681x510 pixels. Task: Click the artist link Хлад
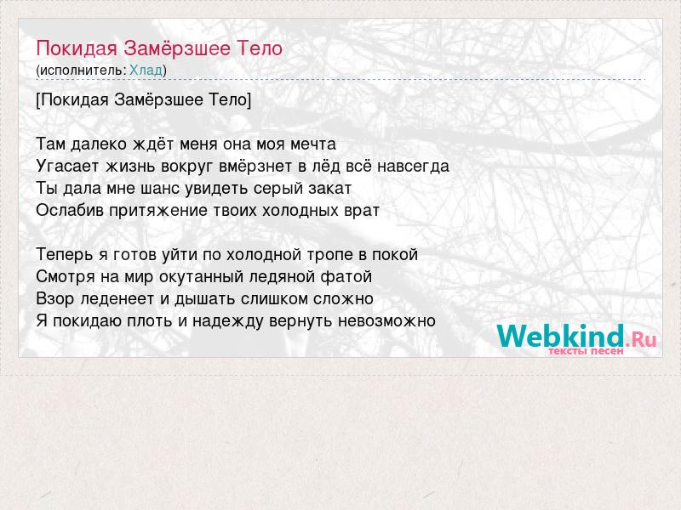coord(146,70)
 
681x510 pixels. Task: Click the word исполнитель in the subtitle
coord(81,71)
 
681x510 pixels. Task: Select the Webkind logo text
coord(561,336)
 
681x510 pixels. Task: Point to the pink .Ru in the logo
coord(641,338)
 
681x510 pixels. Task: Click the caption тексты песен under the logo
coord(586,350)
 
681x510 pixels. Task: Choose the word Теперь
coord(65,254)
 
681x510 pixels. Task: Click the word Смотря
coord(66,277)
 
